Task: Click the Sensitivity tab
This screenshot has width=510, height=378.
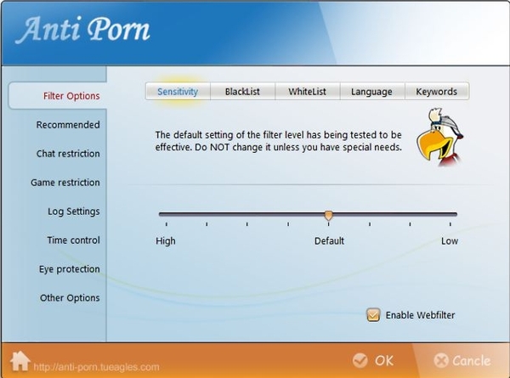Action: pos(178,92)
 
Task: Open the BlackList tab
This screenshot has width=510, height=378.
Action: pos(242,92)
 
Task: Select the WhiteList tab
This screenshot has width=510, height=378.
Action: pos(308,92)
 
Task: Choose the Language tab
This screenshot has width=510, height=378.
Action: pos(371,92)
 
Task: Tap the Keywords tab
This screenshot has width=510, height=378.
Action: pos(437,92)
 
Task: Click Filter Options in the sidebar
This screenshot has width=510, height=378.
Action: pos(71,96)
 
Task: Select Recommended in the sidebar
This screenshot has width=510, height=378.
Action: pos(68,125)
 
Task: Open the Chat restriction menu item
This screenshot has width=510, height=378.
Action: pos(68,154)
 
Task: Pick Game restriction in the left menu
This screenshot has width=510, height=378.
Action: pos(65,183)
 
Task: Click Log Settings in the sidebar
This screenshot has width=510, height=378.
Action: pos(74,212)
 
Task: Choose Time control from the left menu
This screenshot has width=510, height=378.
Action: pos(73,240)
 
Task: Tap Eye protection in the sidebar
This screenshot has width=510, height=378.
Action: pos(70,269)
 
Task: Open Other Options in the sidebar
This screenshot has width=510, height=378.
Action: pos(70,297)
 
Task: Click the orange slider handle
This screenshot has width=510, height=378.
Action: pos(328,215)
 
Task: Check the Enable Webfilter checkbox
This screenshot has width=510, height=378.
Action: pos(373,314)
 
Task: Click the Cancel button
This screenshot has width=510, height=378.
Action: pos(462,360)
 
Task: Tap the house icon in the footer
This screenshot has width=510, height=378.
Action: pos(20,361)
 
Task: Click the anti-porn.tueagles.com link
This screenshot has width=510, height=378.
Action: pos(97,367)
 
